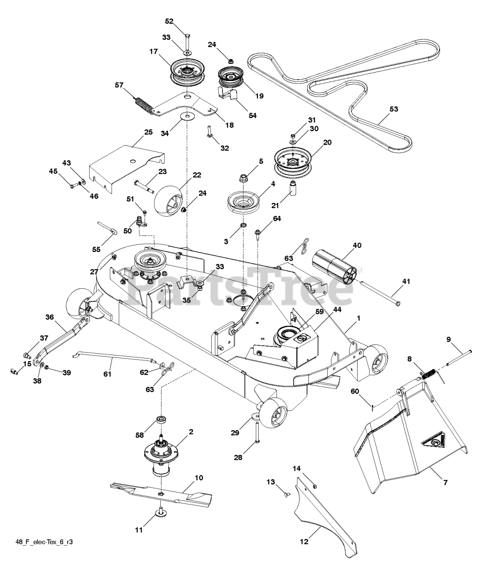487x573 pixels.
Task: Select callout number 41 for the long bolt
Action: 406,282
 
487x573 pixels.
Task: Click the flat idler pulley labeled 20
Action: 292,164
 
